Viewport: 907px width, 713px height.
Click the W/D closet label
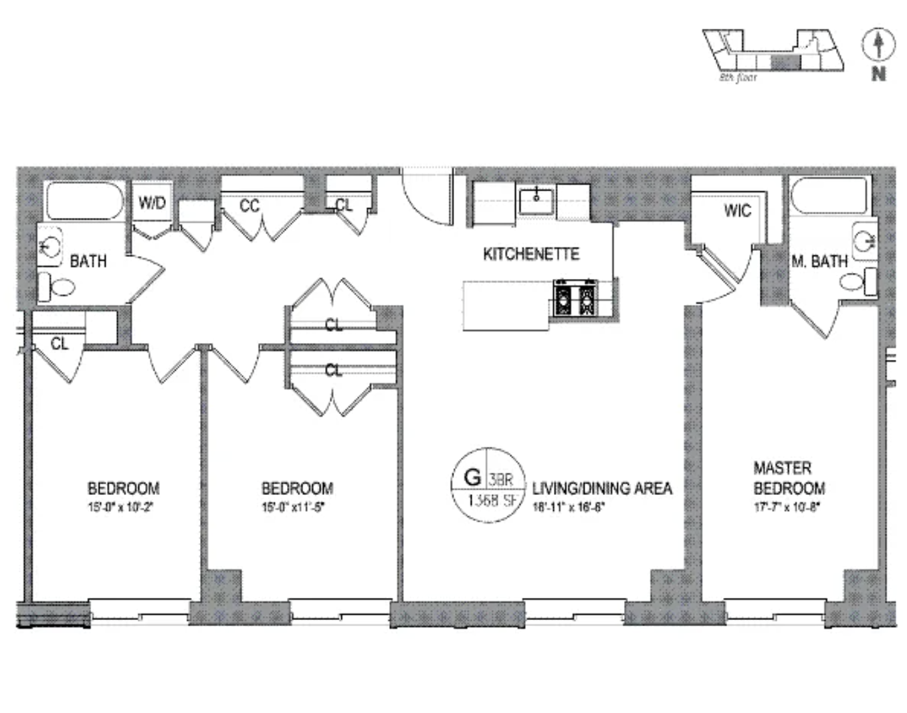(x=152, y=202)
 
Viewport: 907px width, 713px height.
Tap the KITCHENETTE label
(x=531, y=254)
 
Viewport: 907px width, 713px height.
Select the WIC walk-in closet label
(x=737, y=211)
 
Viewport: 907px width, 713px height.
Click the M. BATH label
(x=819, y=262)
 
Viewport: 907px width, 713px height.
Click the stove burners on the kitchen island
(x=575, y=298)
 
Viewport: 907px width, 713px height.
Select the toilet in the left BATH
(x=56, y=288)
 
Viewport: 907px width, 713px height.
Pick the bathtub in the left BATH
(x=84, y=201)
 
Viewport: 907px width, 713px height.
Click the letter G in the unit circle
(x=472, y=478)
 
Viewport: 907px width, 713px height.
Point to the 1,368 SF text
(x=493, y=501)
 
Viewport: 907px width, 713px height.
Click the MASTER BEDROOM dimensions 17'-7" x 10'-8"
(x=787, y=507)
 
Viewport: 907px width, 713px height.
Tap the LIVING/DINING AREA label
(x=602, y=489)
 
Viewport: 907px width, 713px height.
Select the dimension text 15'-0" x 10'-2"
(x=120, y=507)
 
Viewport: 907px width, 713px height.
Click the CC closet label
(x=249, y=205)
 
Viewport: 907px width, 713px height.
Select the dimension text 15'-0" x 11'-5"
(x=293, y=507)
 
